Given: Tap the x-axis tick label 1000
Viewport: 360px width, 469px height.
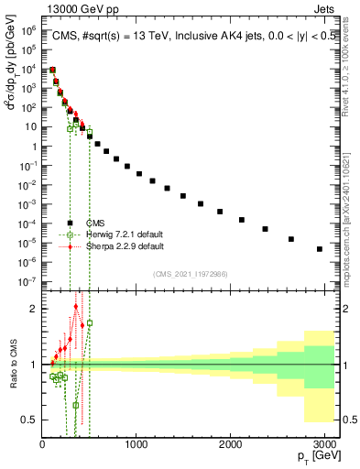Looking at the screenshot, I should coord(136,444).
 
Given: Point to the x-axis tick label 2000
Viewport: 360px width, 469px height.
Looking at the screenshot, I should coord(231,444).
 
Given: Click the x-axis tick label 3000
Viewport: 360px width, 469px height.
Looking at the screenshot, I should coord(324,444).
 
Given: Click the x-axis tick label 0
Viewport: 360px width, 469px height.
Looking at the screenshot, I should coord(43,444).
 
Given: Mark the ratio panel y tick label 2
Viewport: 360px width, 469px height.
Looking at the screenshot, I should coord(32,309).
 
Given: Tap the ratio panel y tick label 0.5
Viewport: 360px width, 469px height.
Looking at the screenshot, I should coord(27,420).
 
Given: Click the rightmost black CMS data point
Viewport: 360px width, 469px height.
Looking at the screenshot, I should coord(320,248).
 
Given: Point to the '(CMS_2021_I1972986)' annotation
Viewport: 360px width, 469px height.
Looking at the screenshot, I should coord(190,274).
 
